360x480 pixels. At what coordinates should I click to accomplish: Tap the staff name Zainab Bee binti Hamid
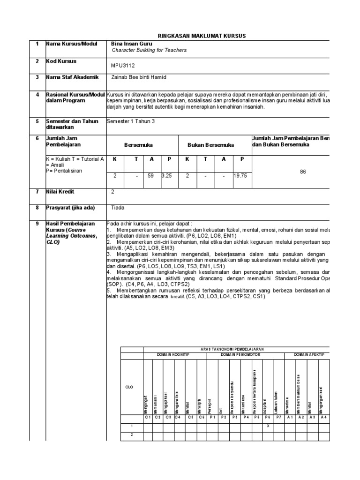[138, 77]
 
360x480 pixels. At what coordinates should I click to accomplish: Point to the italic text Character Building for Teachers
[149, 50]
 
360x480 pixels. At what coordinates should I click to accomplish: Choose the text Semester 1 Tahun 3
[130, 121]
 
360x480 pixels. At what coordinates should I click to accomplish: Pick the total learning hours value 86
[303, 172]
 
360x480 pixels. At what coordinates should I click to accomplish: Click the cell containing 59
[151, 176]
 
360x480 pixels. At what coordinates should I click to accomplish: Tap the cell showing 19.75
[242, 176]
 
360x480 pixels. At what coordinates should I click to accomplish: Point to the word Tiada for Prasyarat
[118, 207]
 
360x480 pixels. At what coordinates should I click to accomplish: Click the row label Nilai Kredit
[60, 192]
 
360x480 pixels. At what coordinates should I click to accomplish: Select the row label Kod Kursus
[61, 61]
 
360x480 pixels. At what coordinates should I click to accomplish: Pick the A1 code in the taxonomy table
[290, 417]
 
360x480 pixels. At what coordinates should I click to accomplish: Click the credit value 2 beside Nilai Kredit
[112, 192]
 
